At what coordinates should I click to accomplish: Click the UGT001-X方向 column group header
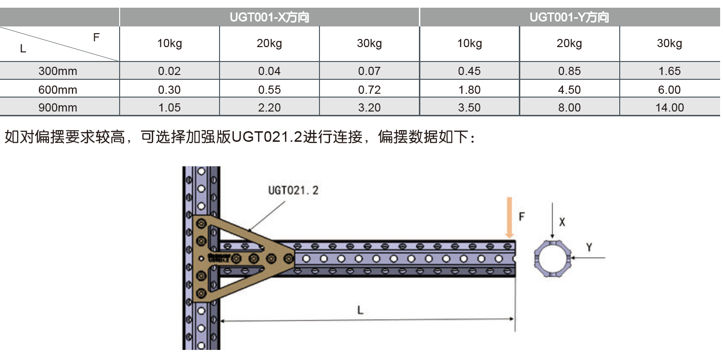point(269,18)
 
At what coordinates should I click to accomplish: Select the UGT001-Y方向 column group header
point(569,18)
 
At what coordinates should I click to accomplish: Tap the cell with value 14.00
point(669,108)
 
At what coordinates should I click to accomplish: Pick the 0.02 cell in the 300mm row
point(169,71)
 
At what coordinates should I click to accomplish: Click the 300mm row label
point(58,71)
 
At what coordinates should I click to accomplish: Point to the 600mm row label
point(58,90)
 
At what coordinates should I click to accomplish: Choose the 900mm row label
point(58,108)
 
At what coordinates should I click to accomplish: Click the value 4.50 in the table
point(569,90)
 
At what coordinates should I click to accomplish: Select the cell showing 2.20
point(269,108)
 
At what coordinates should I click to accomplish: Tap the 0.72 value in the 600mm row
point(369,90)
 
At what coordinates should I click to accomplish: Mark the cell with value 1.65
point(669,71)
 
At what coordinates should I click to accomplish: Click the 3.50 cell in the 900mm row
point(469,108)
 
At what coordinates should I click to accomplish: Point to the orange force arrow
point(509,217)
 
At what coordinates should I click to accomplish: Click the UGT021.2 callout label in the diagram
point(293,190)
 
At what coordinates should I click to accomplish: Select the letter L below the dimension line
point(360,310)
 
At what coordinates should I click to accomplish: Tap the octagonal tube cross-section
point(552,259)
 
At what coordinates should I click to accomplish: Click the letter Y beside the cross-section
point(589,247)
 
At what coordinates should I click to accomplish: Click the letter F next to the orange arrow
point(522,216)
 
